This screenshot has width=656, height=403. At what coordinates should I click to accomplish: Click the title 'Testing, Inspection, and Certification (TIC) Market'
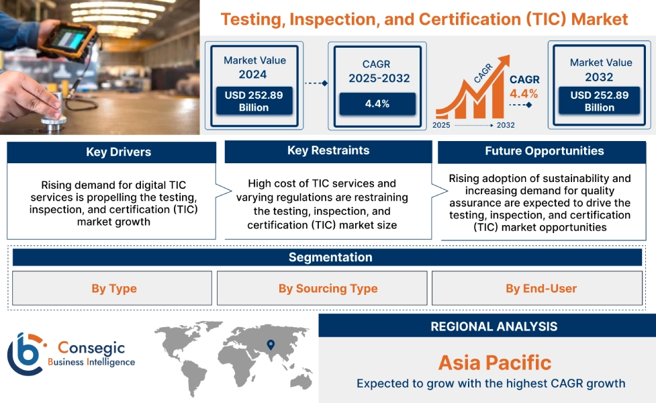click(x=424, y=19)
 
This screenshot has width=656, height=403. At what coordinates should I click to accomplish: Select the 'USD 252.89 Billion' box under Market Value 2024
click(x=254, y=101)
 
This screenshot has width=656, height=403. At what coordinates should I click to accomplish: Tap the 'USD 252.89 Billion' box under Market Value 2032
click(x=600, y=101)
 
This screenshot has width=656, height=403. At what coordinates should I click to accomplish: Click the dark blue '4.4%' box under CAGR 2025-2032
click(x=377, y=103)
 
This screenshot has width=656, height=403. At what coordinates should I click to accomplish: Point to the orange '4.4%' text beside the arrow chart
click(x=524, y=93)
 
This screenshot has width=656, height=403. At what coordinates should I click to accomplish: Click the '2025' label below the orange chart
click(x=442, y=126)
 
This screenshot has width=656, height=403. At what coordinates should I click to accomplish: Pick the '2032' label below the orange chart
click(x=506, y=126)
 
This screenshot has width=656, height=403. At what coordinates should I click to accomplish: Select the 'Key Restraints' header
click(x=328, y=151)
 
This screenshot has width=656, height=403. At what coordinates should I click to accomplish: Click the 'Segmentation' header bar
click(x=330, y=258)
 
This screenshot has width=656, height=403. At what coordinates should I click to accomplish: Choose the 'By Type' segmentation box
click(x=114, y=289)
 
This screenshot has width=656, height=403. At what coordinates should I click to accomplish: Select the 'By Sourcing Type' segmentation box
click(x=328, y=289)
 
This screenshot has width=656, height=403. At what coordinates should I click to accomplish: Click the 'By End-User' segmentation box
click(x=541, y=289)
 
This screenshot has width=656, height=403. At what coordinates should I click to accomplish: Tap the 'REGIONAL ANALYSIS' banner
click(x=494, y=327)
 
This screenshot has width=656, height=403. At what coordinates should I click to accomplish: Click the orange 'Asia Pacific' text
click(x=494, y=363)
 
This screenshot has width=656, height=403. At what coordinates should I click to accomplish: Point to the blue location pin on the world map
click(x=271, y=345)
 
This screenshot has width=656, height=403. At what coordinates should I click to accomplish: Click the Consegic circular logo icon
click(x=26, y=354)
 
